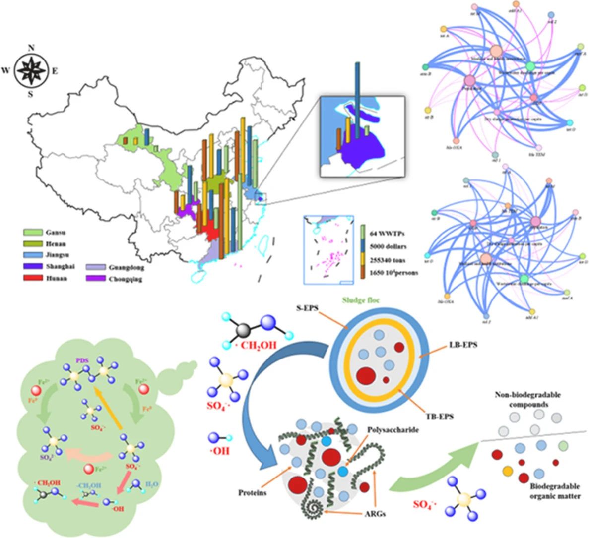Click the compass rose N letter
31,48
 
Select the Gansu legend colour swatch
31,232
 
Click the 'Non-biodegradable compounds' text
527,400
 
